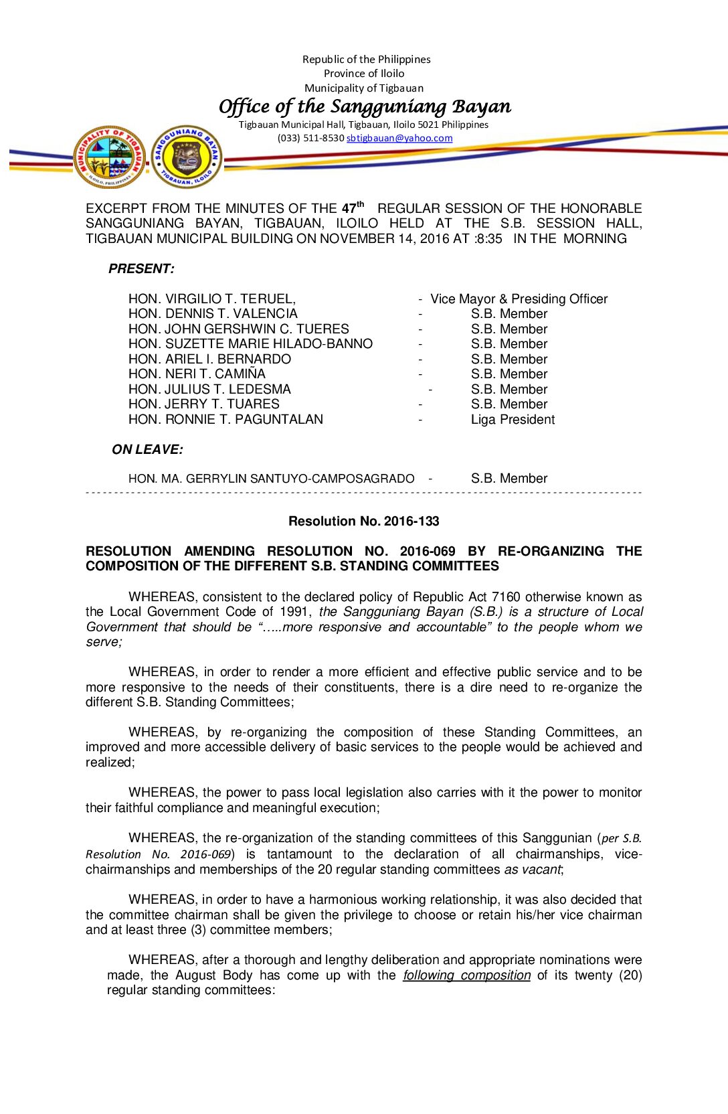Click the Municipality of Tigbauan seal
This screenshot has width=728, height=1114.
click(x=110, y=157)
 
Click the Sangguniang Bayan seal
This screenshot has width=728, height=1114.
click(x=187, y=157)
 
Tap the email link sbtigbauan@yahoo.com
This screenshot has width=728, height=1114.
click(x=399, y=138)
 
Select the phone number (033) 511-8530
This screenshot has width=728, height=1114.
click(x=310, y=138)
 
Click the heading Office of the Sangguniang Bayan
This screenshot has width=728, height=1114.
click(x=365, y=106)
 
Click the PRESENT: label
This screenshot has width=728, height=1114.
click(x=141, y=269)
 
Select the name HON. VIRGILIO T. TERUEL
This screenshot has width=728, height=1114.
click(x=211, y=299)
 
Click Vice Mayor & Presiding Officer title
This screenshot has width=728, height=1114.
click(x=519, y=299)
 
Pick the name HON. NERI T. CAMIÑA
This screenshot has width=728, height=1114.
click(x=197, y=374)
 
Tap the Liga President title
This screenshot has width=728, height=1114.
click(x=513, y=420)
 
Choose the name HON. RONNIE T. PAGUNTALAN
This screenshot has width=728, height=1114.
click(x=225, y=420)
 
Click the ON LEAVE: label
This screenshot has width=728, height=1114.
click(x=147, y=450)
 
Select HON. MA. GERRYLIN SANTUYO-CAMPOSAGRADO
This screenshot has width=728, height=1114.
click(x=271, y=479)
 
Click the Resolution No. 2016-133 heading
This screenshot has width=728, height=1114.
click(x=363, y=522)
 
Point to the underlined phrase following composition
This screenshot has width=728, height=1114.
click(x=466, y=975)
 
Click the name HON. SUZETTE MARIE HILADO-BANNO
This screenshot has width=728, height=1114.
click(x=250, y=344)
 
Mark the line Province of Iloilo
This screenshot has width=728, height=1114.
click(x=364, y=74)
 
